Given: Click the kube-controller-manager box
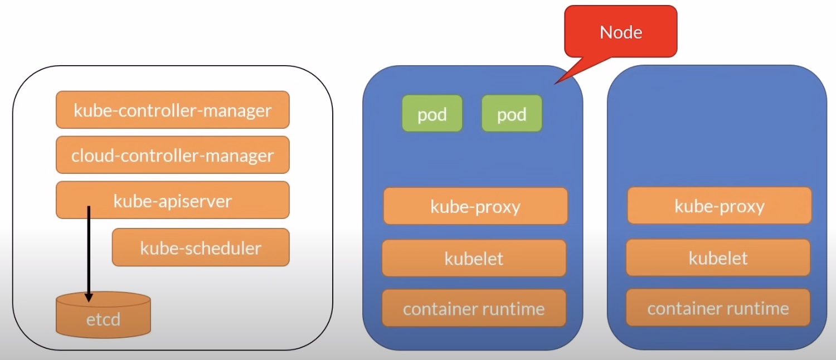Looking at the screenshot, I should click(172, 110).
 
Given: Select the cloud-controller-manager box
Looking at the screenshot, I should click(172, 155).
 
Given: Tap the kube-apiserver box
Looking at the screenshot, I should click(172, 200).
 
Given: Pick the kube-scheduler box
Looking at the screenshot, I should click(201, 247).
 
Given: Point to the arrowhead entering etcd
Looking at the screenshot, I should click(88, 297).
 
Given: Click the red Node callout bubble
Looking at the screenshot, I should click(620, 32).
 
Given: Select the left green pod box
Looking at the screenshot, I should click(432, 114).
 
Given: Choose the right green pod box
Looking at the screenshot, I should click(512, 114).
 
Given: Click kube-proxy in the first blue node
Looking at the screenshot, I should click(475, 206).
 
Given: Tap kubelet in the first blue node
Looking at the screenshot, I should click(474, 258).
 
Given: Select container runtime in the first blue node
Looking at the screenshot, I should click(474, 308).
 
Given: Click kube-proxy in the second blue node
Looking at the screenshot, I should click(719, 206).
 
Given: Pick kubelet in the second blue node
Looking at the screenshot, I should click(718, 258).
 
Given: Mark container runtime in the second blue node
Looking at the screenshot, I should click(718, 308).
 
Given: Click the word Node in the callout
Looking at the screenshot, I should click(620, 32).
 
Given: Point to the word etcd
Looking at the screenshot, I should click(103, 320).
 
